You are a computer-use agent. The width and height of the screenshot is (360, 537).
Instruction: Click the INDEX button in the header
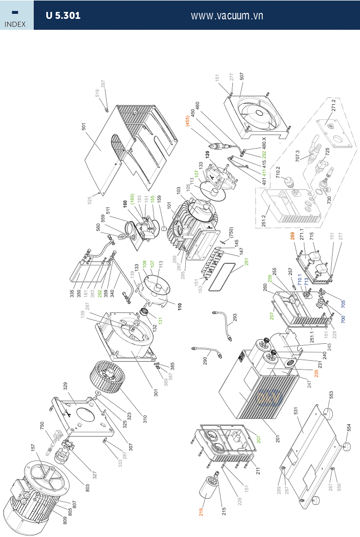tap(16, 15)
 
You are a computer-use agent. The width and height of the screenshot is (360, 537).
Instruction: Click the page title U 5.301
tap(63, 15)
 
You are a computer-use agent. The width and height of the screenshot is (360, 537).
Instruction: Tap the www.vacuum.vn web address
tap(227, 15)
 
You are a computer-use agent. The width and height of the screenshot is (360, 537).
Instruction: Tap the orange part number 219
tap(201, 512)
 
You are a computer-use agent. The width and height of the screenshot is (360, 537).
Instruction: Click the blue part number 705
tap(343, 302)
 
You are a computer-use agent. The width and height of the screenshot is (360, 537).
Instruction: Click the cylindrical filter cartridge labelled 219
tap(210, 486)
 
